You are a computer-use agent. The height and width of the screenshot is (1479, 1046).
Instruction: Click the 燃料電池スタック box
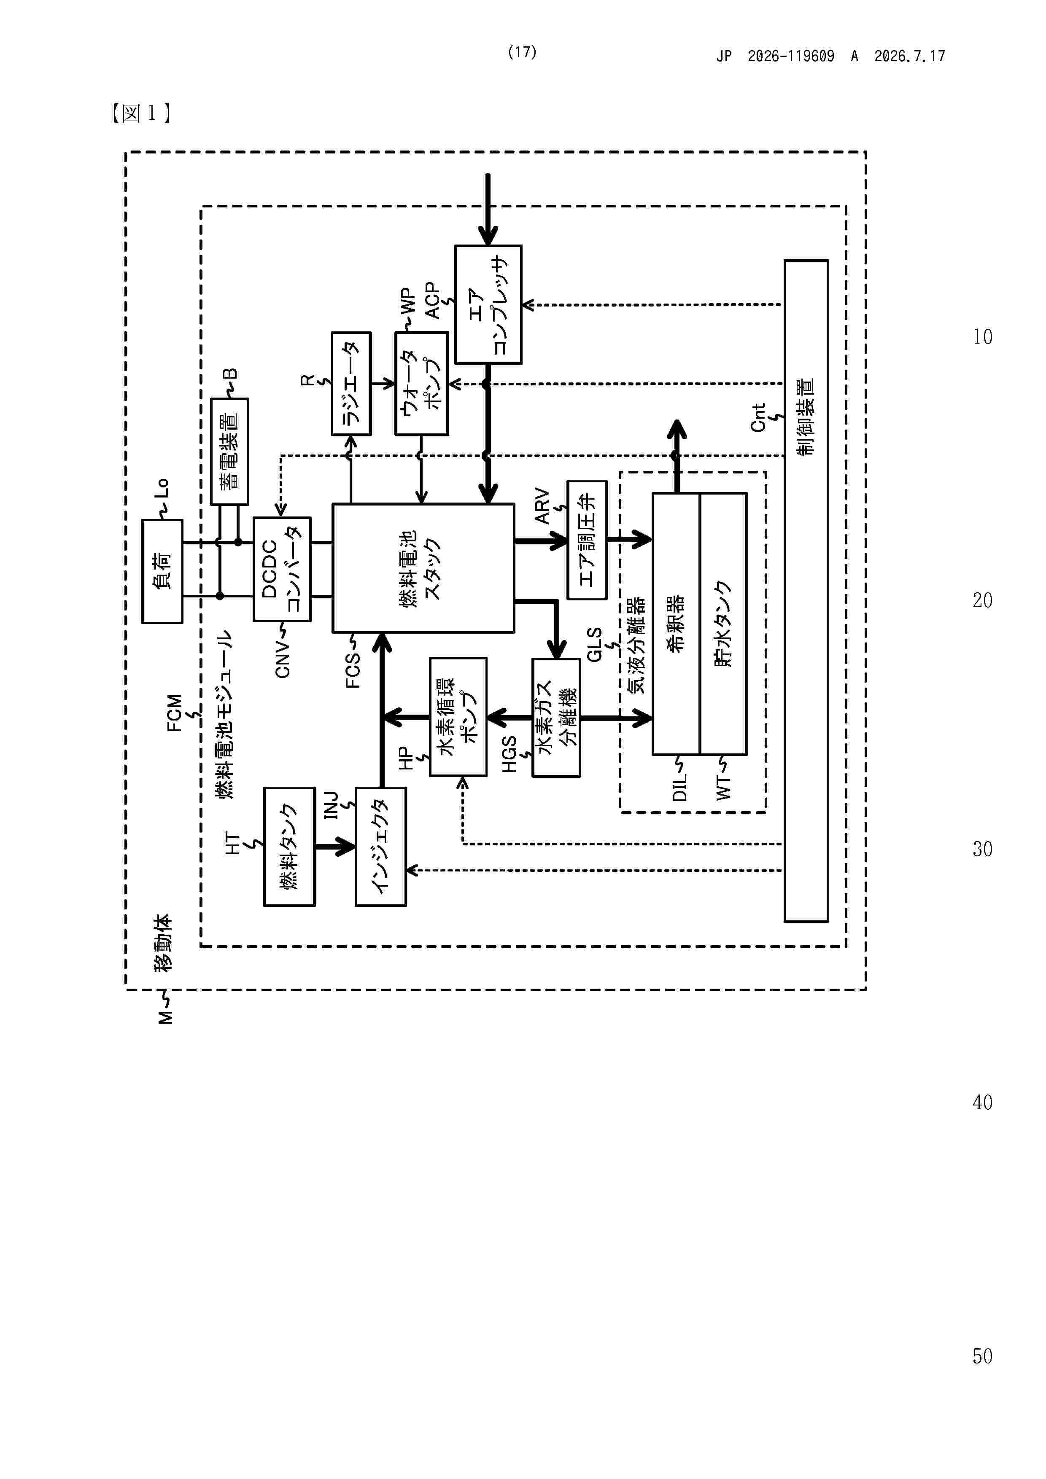point(423,567)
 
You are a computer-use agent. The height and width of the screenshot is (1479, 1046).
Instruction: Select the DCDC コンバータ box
point(282,569)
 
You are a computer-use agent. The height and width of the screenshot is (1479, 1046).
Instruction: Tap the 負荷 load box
point(162,571)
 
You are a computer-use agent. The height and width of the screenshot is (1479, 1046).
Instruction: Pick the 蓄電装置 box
point(229,451)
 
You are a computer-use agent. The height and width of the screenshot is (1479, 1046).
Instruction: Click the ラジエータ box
point(351,383)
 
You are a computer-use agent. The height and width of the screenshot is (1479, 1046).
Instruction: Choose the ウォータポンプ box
point(421,383)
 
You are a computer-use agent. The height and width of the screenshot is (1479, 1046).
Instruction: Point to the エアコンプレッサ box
point(488,304)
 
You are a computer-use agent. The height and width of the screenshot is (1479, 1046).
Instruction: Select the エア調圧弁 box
point(587,540)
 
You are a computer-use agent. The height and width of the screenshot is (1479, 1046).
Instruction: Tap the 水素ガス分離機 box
point(555,717)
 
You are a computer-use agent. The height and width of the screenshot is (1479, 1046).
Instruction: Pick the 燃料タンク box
point(289,847)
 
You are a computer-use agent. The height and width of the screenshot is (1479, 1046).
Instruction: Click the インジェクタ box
point(380,847)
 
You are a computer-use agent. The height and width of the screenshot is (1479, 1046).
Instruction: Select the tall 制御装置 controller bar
point(806,591)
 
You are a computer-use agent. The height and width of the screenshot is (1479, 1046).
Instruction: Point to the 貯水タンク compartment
point(723,624)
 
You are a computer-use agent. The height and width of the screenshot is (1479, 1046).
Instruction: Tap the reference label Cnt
point(758,417)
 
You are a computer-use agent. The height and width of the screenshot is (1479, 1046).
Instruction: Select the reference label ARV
point(542,506)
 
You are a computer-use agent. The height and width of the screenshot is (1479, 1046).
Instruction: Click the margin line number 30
point(982,849)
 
